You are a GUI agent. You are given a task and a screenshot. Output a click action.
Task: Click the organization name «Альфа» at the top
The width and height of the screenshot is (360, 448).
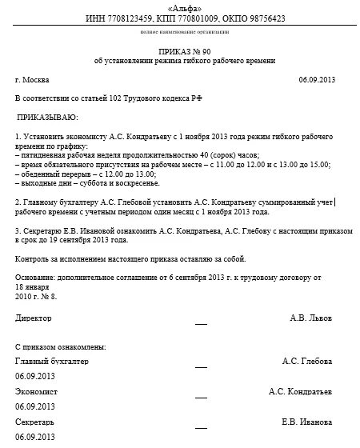[180, 7]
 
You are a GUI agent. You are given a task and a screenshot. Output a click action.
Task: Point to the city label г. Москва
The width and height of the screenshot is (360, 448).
[33, 80]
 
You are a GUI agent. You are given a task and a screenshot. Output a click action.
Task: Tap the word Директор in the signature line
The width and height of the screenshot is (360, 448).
[33, 318]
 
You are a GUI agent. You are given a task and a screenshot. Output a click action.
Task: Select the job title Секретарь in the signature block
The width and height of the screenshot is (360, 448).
[34, 421]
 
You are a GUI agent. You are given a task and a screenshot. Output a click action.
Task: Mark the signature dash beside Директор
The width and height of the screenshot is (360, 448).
[200, 323]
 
